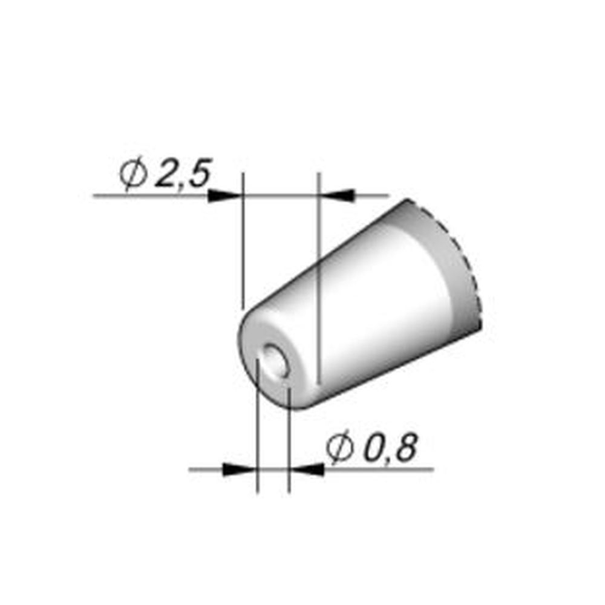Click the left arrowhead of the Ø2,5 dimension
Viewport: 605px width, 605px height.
pos(225,195)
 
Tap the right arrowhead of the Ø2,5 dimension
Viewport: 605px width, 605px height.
pos(336,195)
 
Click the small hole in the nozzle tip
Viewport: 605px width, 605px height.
pos(276,360)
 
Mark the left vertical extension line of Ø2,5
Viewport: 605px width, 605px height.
pos(242,242)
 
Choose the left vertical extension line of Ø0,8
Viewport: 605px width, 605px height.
pos(258,436)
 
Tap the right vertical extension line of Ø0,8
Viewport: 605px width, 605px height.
pos(289,442)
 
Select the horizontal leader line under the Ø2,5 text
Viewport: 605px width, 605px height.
pos(151,195)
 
